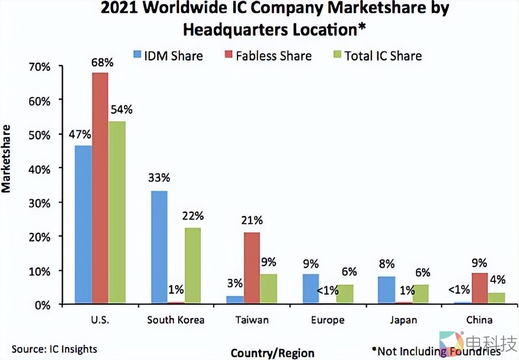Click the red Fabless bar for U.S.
[100, 188]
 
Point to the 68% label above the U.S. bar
[100, 62]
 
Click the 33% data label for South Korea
[159, 178]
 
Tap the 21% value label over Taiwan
[252, 220]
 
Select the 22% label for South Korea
[193, 216]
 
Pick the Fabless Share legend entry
[267, 56]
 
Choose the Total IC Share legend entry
[377, 56]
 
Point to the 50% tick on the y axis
[40, 134]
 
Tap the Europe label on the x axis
[327, 320]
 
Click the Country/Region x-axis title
[272, 353]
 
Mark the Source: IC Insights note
[54, 349]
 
